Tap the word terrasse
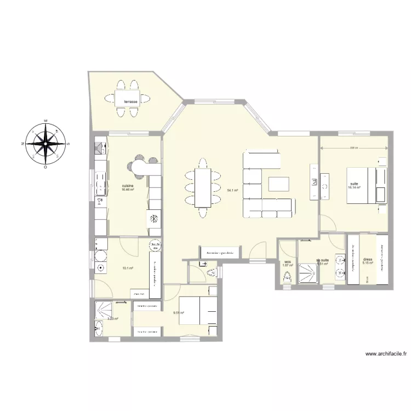(130, 101)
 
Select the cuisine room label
(128, 186)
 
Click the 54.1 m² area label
(232, 191)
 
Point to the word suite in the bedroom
(353, 184)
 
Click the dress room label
(367, 260)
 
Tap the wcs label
(287, 261)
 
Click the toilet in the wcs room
(286, 279)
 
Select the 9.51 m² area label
(178, 313)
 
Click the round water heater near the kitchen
(156, 246)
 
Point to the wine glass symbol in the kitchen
(99, 201)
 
